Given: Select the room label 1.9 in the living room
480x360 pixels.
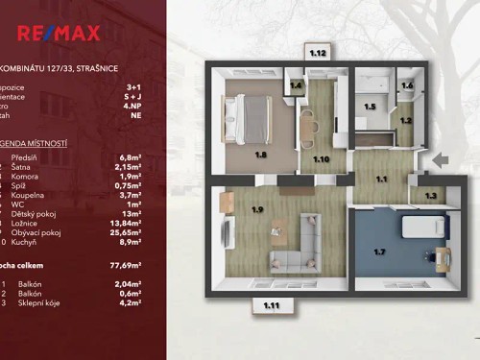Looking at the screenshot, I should point(257,209).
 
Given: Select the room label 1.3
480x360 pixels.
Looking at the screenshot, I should point(430,196).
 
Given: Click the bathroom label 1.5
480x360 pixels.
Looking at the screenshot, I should point(370,107).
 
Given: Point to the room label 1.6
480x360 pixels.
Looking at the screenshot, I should point(407,85).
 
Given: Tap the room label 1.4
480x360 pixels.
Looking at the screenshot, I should point(297,86).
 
